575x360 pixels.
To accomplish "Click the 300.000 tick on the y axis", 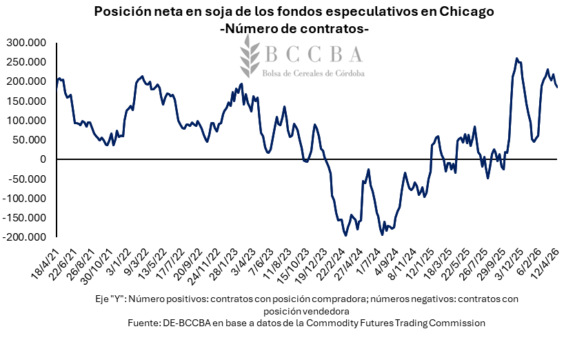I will click(26, 43).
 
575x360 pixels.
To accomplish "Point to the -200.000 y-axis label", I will click(24, 237).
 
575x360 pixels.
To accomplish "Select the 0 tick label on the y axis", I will click(43, 159).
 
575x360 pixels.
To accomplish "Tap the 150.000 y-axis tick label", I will click(26, 101).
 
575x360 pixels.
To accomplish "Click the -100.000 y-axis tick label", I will click(24, 199).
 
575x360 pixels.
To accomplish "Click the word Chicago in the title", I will click(468, 12).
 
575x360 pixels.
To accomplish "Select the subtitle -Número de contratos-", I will click(294, 30).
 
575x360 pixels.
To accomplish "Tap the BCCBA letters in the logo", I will click(313, 54).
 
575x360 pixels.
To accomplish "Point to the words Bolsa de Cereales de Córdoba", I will click(314, 72).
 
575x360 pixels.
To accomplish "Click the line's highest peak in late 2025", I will click(517, 59).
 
